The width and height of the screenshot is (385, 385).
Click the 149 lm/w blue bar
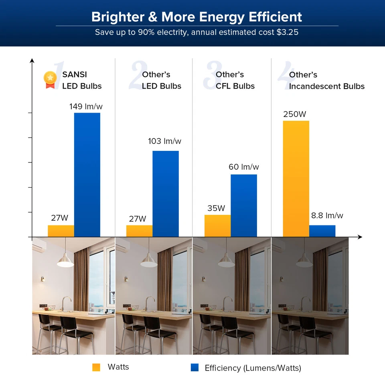pyautogui.click(x=87, y=174)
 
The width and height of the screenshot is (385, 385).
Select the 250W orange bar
pyautogui.click(x=296, y=178)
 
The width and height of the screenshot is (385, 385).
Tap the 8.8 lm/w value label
pyautogui.click(x=327, y=216)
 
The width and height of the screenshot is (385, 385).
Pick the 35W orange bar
pyautogui.click(x=217, y=226)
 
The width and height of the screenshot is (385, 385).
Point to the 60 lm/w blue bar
pyautogui.click(x=244, y=205)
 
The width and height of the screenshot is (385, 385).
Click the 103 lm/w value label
pyautogui.click(x=164, y=141)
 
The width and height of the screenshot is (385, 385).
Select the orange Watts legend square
pyautogui.click(x=96, y=367)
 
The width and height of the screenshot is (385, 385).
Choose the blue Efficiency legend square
pyautogui.click(x=195, y=367)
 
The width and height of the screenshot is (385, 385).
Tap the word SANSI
pyautogui.click(x=75, y=75)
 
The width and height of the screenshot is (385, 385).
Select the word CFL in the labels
pyautogui.click(x=224, y=86)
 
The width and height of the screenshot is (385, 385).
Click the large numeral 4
pyautogui.click(x=283, y=76)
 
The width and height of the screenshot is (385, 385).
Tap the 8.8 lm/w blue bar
pyautogui.click(x=322, y=231)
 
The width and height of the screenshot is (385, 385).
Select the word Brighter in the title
pyautogui.click(x=114, y=17)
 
